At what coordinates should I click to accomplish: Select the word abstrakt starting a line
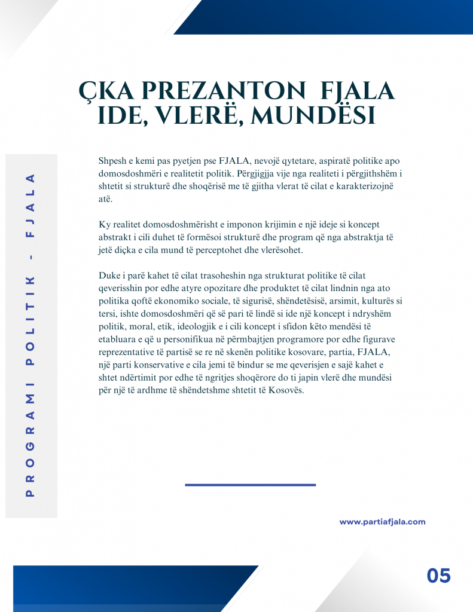pos(115,237)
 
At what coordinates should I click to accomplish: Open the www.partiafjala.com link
pos(382,522)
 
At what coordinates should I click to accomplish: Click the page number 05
pos(438,576)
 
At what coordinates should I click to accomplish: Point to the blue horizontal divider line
pos(250,485)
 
